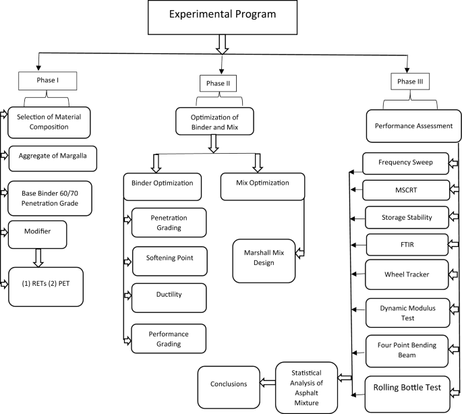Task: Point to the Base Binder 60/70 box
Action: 50,197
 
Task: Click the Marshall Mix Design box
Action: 264,258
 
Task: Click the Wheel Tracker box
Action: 407,274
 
